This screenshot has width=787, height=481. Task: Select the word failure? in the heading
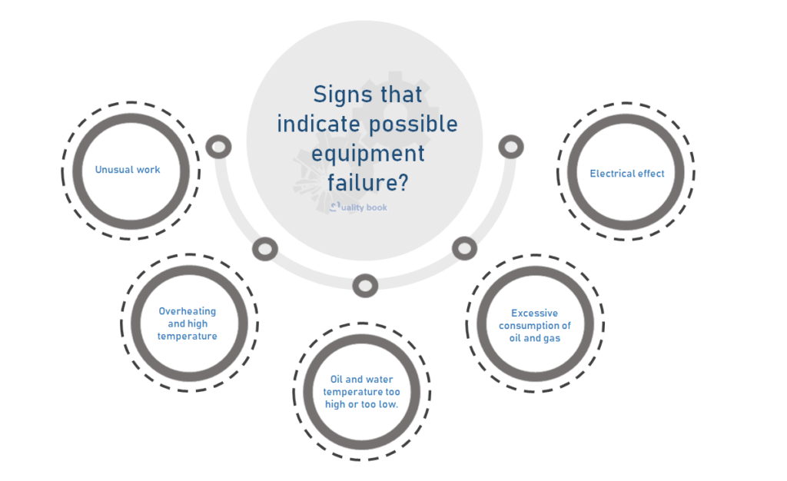click(367, 183)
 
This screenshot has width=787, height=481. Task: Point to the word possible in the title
click(420, 124)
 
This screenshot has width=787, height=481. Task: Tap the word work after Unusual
click(148, 169)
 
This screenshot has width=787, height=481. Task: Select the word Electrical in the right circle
click(612, 174)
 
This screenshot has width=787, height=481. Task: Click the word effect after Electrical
click(650, 174)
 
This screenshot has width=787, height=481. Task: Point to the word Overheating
click(188, 311)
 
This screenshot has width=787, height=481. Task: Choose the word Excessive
click(535, 313)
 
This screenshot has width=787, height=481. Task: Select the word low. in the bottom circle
click(387, 404)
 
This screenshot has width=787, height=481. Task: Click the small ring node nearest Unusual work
click(219, 146)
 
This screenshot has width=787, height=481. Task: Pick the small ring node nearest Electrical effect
click(510, 146)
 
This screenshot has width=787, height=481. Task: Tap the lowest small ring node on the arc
click(365, 286)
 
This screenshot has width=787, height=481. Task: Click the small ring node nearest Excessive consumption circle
click(464, 248)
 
